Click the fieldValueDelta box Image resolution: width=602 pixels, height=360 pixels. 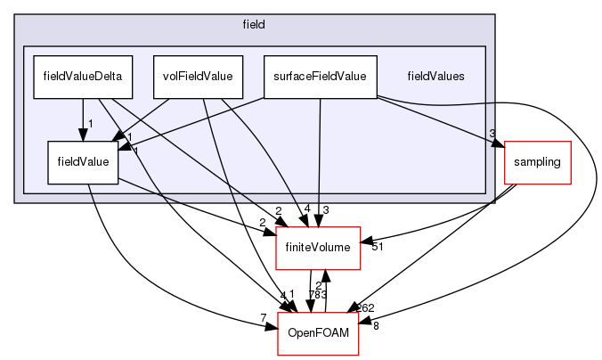(x=83, y=76)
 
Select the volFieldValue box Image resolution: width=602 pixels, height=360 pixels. (x=198, y=76)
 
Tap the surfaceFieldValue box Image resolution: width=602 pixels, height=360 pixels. (x=321, y=76)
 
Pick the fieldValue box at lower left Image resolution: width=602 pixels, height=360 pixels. (x=83, y=162)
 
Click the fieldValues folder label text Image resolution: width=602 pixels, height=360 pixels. (x=435, y=77)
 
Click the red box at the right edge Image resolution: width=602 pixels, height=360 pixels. (x=537, y=162)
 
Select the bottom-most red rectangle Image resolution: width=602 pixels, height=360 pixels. (x=318, y=333)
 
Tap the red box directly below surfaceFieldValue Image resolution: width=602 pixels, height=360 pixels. (x=318, y=248)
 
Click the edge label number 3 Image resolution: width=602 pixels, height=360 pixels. (x=492, y=134)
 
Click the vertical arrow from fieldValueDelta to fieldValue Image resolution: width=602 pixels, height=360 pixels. (x=83, y=116)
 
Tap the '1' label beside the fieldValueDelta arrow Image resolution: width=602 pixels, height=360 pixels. (x=91, y=122)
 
